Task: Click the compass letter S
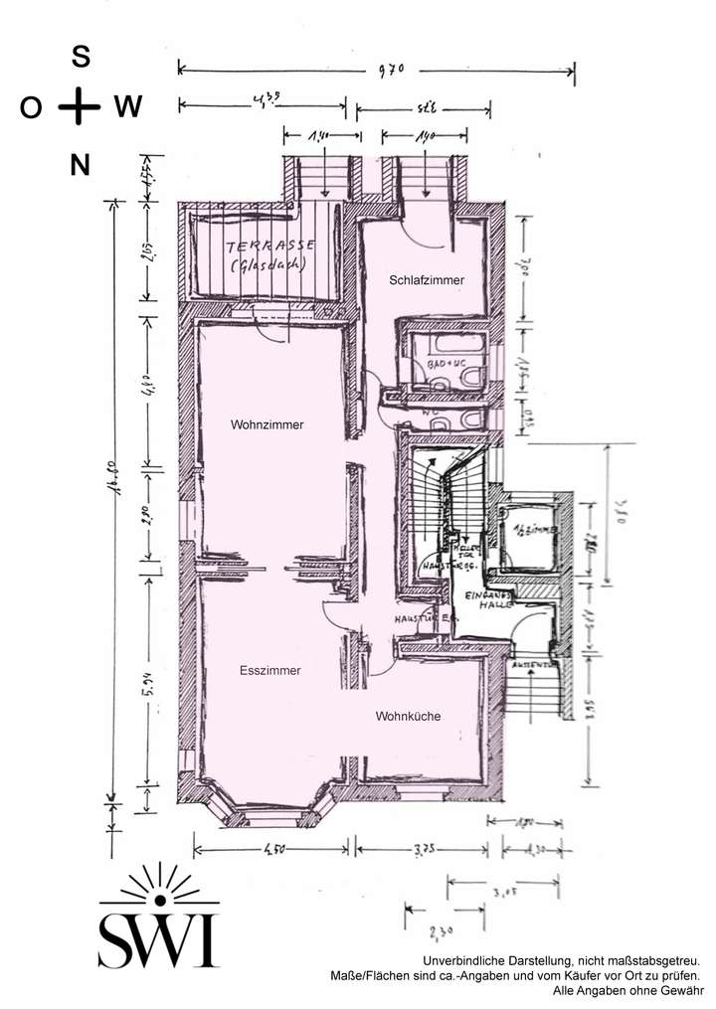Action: pos(81,58)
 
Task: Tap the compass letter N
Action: pos(81,165)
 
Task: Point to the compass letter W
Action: pos(127,107)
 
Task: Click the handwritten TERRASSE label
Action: pos(271,246)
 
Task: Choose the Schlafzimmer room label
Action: pos(427,281)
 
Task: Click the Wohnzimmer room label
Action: pos(267,424)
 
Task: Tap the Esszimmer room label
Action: pos(269,671)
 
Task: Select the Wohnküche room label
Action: pos(408,716)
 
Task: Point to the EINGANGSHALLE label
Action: pos(488,598)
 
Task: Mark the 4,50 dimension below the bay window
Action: pos(272,850)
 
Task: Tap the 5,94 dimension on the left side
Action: pos(148,689)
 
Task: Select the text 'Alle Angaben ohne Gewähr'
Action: pos(626,991)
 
